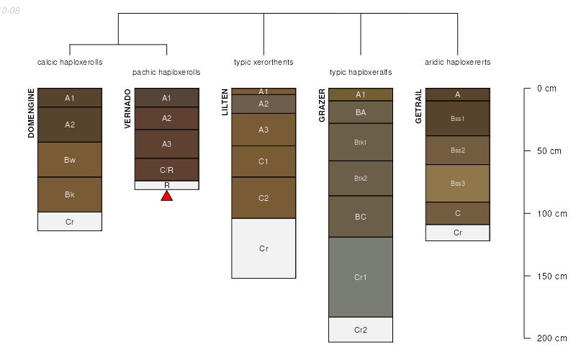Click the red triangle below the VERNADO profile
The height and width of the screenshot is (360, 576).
coord(166,195)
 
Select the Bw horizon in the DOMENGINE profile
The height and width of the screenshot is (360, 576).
coord(70,160)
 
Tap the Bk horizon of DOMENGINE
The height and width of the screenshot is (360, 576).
coord(70,194)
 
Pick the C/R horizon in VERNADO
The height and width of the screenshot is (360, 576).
coord(166,170)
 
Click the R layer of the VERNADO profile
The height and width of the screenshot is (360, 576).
coord(166,185)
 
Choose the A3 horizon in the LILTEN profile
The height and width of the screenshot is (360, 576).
coord(264,130)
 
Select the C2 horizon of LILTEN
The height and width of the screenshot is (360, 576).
coord(264,198)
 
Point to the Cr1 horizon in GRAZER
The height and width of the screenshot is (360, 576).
coord(361,276)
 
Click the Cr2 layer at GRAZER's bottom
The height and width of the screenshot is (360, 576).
coord(361,330)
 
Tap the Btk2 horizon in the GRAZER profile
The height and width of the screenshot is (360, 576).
coord(361,178)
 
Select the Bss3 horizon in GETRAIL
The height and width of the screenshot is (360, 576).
coord(458,184)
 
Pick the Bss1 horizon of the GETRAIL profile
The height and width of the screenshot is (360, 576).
coord(458,118)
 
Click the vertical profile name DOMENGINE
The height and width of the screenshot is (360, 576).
coord(31,113)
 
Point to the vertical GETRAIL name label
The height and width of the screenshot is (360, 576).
coord(418,107)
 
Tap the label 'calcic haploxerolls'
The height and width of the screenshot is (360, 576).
coord(70,63)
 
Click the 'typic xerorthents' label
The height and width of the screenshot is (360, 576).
coord(264,63)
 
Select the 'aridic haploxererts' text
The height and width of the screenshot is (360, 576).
coord(458,63)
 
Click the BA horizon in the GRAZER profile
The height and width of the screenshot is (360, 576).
coord(361,112)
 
